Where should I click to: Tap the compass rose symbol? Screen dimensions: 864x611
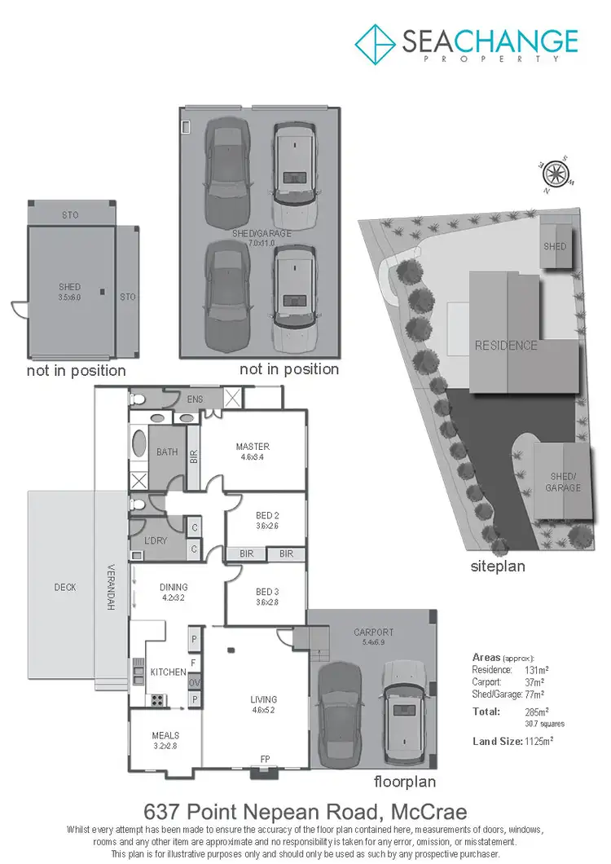pos(556,173)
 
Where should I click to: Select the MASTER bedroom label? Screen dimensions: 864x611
pos(253,447)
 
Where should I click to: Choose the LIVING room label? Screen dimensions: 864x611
pos(263,699)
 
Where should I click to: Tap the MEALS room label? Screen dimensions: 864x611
pos(165,735)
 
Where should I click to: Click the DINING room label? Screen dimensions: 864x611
pos(174,587)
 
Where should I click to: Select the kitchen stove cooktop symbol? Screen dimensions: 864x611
pos(156,699)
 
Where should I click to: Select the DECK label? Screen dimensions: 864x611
pos(64,587)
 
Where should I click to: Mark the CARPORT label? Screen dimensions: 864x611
pos(373,632)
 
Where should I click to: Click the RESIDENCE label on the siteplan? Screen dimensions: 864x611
pos(506,346)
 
